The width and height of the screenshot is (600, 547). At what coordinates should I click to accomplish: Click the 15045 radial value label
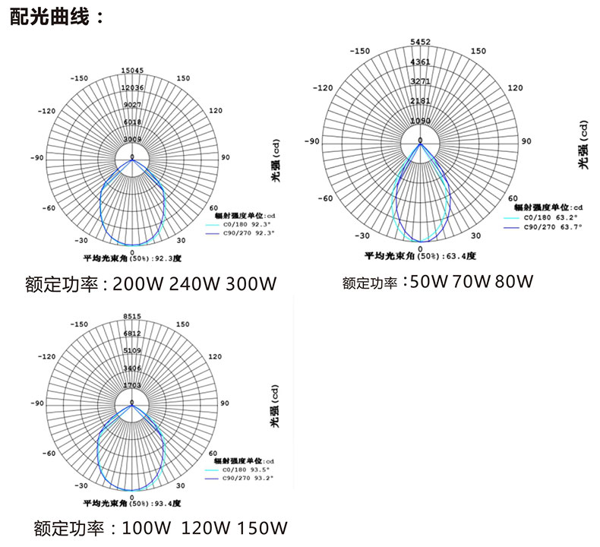point(132,71)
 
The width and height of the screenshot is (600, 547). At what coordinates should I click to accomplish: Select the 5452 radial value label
point(420,42)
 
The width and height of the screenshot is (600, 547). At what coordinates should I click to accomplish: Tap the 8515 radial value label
point(132,316)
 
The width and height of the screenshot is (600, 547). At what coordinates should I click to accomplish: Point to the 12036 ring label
point(132,88)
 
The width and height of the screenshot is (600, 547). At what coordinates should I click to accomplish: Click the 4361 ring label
point(420,62)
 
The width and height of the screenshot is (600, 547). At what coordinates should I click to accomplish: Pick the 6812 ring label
point(132,334)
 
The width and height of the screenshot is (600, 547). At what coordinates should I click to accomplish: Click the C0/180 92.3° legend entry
point(242,225)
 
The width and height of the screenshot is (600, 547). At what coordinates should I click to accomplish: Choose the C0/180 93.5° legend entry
point(242,470)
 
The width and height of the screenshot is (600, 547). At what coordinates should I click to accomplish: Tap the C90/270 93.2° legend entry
point(242,479)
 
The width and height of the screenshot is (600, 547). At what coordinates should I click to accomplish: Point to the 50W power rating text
point(428,282)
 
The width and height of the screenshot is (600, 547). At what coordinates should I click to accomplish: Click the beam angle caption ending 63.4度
point(420,256)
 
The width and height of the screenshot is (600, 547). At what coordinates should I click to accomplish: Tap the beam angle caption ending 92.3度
point(134,259)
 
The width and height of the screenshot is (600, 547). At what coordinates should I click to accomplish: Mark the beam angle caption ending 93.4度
point(134,503)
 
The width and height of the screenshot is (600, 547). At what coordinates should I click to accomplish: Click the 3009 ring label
point(132,140)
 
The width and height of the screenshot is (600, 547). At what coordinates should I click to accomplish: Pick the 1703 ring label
point(132,386)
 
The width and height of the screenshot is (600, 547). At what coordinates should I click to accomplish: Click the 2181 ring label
point(420,101)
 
